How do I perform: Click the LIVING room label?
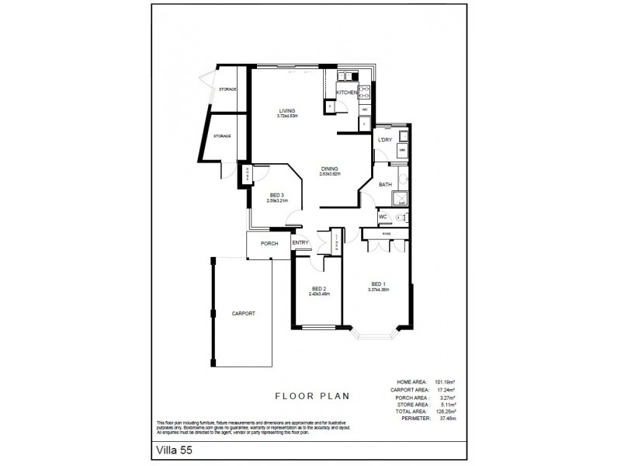coord(288,111)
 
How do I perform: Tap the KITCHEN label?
coord(346,92)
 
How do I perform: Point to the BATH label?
coord(384,185)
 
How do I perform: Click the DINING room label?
coord(330,169)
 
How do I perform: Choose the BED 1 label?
coord(378,284)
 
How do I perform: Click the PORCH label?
coord(269,243)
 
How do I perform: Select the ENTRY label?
coord(300,243)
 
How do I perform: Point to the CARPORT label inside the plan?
coord(243,313)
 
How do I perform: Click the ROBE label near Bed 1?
coord(386,233)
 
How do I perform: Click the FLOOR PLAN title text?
coord(313,395)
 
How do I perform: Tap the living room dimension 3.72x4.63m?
coord(288,116)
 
